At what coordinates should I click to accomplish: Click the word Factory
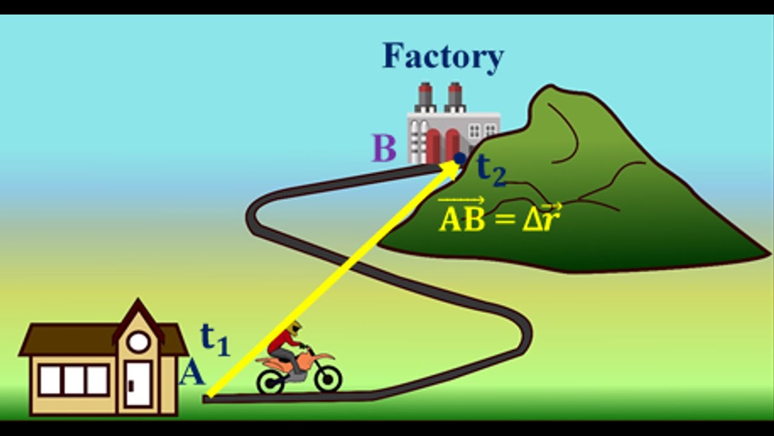[443, 57]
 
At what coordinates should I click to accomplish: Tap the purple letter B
[384, 148]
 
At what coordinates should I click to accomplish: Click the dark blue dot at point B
[460, 159]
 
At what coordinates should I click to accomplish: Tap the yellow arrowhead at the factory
[451, 169]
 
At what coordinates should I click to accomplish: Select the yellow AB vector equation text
[499, 215]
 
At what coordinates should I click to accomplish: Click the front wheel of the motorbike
[328, 379]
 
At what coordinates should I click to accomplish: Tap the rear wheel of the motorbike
[271, 381]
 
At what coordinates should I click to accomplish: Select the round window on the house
[138, 342]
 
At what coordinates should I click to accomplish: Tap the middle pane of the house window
[74, 380]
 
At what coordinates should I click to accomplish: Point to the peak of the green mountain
[550, 86]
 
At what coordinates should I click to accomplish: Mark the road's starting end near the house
[206, 399]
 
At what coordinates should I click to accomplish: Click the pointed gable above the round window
[138, 311]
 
